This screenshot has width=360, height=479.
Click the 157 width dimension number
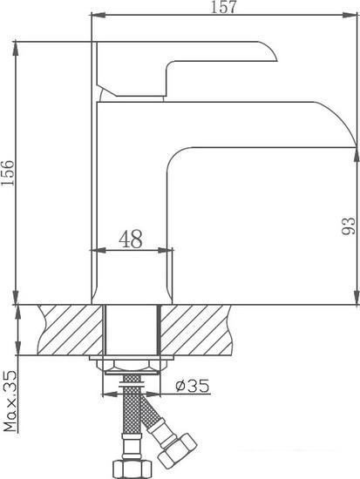point(224,7)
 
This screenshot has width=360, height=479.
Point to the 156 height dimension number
point(8,173)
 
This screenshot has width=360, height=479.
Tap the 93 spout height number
point(349,226)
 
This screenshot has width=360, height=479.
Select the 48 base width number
point(131,239)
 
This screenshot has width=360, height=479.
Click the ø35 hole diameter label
point(193,386)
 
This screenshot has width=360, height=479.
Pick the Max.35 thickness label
point(10,401)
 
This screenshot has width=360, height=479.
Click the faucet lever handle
point(187,69)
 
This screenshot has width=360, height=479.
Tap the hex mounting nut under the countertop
point(132,366)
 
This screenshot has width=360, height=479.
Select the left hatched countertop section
point(71,330)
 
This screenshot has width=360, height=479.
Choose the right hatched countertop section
point(196,330)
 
